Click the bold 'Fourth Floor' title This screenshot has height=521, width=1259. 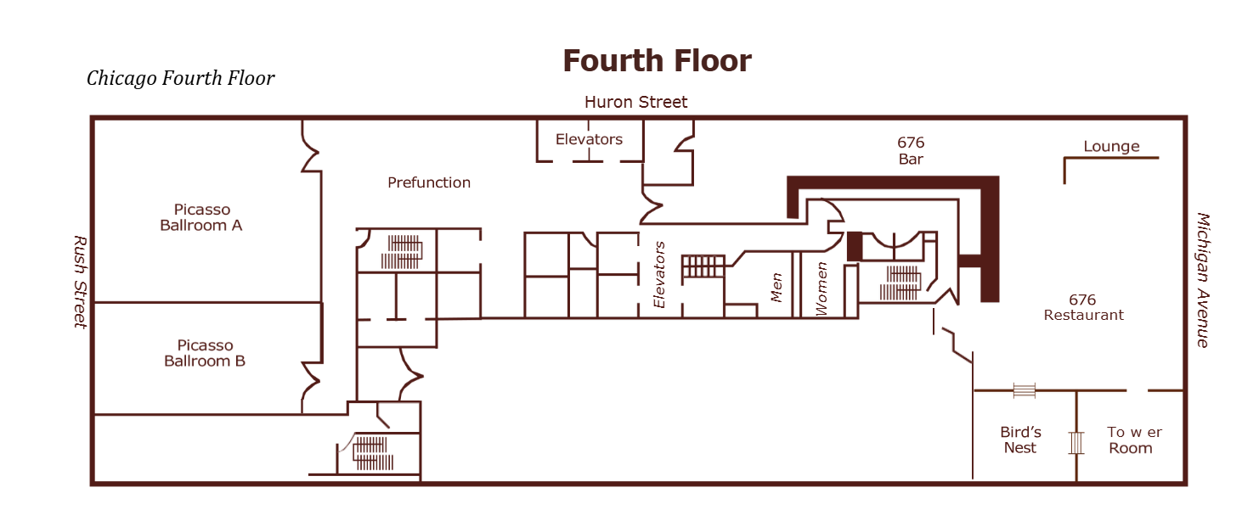(x=657, y=60)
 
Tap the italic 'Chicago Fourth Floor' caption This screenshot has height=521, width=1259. (x=180, y=78)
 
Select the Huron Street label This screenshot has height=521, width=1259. (x=635, y=102)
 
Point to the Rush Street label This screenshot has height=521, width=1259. (x=81, y=282)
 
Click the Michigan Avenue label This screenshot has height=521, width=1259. (x=1202, y=280)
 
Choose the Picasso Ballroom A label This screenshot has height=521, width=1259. (x=201, y=217)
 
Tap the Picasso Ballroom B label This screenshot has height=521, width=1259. (x=205, y=353)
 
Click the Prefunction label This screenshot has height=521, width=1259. (x=429, y=182)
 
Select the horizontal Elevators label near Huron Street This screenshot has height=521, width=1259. (x=589, y=139)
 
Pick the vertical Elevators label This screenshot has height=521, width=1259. (x=659, y=275)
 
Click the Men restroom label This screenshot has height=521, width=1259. (x=776, y=288)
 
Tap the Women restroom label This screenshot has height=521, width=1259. (x=821, y=289)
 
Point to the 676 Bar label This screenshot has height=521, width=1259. (x=911, y=150)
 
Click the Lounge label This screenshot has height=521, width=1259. (x=1111, y=147)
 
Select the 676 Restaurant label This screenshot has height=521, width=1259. (x=1083, y=307)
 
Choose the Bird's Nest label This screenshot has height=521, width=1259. (x=1020, y=440)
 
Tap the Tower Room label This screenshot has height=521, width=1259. (x=1133, y=440)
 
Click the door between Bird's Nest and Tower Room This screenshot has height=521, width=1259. (x=1076, y=443)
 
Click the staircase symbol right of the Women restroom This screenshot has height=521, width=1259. (x=900, y=283)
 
